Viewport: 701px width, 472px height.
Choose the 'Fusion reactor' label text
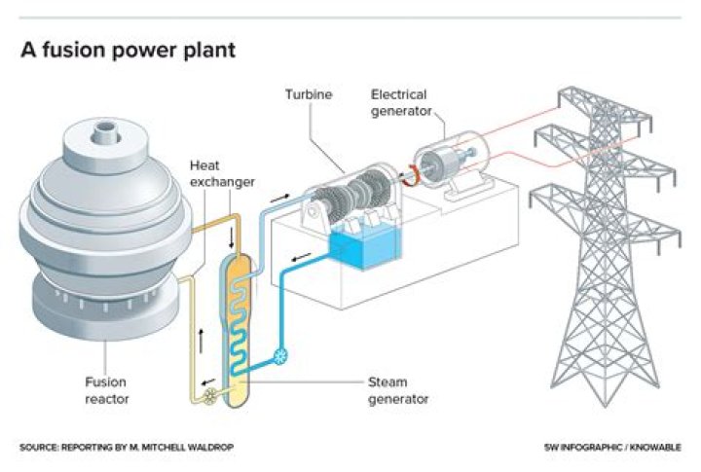point(105,390)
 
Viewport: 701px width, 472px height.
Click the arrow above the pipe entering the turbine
point(280,198)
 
